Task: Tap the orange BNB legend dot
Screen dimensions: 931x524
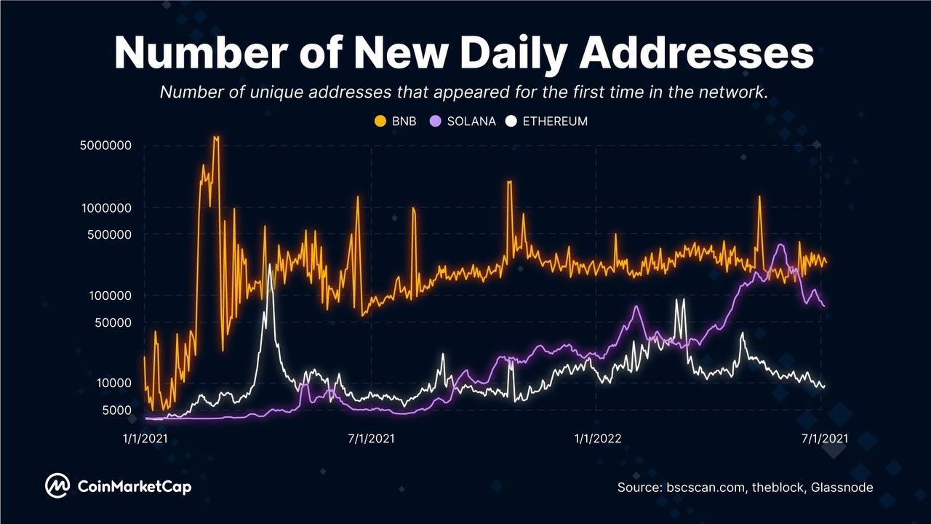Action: click(380, 122)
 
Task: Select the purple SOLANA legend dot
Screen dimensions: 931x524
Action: click(435, 122)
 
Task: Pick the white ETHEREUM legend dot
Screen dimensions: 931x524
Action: click(511, 122)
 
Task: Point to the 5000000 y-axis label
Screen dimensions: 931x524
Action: click(105, 146)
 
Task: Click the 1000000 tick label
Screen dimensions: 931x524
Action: click(106, 208)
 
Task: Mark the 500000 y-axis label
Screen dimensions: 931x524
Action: click(109, 234)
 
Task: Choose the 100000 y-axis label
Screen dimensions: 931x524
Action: click(110, 295)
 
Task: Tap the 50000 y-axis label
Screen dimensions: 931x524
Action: click(113, 322)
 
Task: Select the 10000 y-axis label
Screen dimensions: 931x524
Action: click(114, 383)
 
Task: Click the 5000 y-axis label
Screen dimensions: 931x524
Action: click(117, 410)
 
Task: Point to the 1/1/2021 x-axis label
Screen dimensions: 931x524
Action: click(145, 438)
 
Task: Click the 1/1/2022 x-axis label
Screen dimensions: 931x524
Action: click(598, 438)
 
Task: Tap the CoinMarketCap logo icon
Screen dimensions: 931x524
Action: click(57, 485)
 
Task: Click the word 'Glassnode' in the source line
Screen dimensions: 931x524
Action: click(842, 487)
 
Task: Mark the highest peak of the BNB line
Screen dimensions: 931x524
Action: click(216, 136)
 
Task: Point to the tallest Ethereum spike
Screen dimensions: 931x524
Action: click(270, 265)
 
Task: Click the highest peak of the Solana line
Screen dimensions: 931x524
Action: click(781, 245)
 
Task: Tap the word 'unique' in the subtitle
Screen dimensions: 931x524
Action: click(278, 92)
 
